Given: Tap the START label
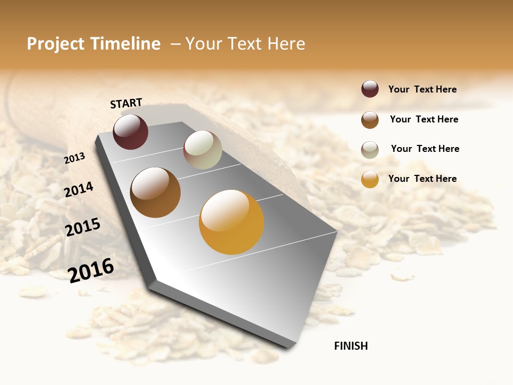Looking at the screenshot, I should click(126, 103).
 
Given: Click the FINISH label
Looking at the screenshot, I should click(351, 346).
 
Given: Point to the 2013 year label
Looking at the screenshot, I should click(74, 158).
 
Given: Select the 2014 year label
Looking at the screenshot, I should click(79, 189).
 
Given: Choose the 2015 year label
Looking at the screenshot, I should click(83, 227).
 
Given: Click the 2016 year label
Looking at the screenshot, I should click(91, 270).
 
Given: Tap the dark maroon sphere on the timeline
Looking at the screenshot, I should click(130, 132).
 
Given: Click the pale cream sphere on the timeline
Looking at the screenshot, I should click(203, 150).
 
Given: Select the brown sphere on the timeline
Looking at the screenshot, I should click(155, 192).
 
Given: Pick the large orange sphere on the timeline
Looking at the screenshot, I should click(231, 222).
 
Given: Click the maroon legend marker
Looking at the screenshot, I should click(370, 89).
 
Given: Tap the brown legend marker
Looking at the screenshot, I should click(370, 120).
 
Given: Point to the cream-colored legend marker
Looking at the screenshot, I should click(370, 150).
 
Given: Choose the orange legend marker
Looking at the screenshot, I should click(370, 179).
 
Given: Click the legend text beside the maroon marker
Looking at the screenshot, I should click(422, 89).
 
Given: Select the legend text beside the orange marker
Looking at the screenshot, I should click(422, 179).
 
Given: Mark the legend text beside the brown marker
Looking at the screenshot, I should click(424, 119).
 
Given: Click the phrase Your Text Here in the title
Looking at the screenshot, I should click(245, 44).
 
